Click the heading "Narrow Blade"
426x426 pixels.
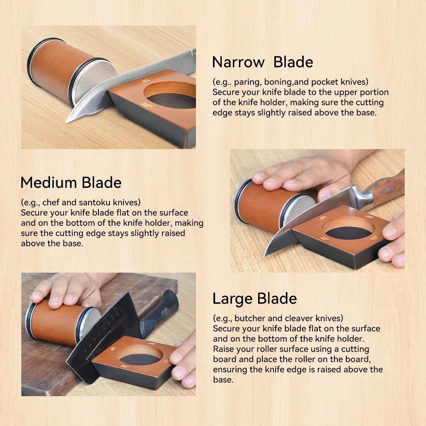[x=262, y=62]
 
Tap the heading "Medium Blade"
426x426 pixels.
[x=71, y=182]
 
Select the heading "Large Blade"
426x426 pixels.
[x=255, y=299]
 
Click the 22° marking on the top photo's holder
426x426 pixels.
[x=147, y=105]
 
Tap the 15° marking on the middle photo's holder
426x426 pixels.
[x=374, y=238]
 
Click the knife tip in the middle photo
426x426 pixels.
[x=265, y=255]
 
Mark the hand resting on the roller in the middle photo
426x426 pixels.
[x=301, y=174]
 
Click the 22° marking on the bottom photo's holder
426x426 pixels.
[x=124, y=366]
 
